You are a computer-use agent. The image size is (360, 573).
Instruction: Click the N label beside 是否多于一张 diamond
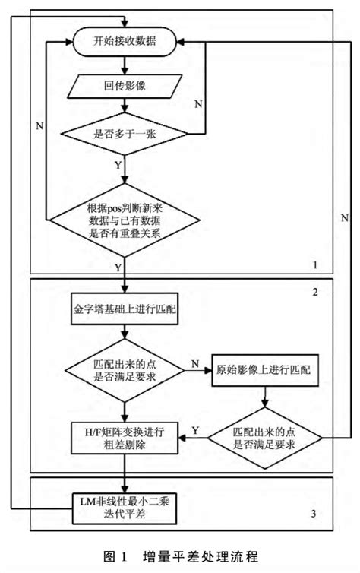tap(198, 103)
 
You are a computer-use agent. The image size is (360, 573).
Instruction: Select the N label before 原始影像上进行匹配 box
tap(194, 364)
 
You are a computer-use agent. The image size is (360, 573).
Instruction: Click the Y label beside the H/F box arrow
tap(195, 430)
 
